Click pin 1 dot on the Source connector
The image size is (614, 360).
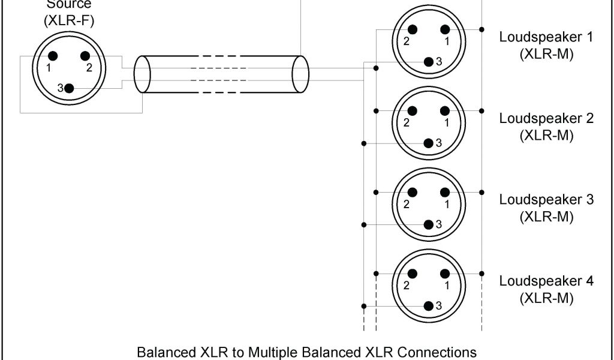click(x=53, y=56)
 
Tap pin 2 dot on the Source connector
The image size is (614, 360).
click(x=85, y=56)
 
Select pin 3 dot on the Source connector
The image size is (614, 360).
click(x=69, y=88)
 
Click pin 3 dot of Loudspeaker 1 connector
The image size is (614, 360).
click(x=429, y=62)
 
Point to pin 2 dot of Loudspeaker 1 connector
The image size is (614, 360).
click(x=413, y=29)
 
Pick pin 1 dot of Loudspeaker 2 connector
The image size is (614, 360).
click(x=445, y=111)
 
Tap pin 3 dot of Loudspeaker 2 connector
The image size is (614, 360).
click(x=429, y=143)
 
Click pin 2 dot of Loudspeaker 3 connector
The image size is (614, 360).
click(x=413, y=192)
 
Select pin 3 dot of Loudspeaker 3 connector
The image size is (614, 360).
click(x=429, y=224)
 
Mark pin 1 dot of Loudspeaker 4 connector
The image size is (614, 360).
click(x=445, y=274)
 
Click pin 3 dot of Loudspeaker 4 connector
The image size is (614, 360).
click(x=429, y=305)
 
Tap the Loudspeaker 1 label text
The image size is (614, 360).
click(x=546, y=37)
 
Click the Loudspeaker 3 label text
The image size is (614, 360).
click(x=546, y=200)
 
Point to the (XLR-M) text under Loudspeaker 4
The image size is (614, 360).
click(x=546, y=298)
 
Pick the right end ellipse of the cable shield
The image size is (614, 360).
click(x=299, y=74)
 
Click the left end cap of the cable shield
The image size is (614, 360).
click(x=142, y=74)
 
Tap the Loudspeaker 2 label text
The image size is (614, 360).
click(x=546, y=118)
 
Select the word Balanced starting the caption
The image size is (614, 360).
click(x=163, y=351)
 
